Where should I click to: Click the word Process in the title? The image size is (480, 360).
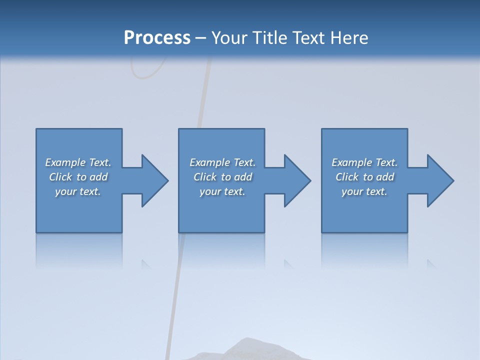pyautogui.click(x=157, y=38)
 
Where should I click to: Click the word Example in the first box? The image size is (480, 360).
pyautogui.click(x=65, y=162)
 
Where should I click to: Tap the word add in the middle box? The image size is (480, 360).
pyautogui.click(x=243, y=177)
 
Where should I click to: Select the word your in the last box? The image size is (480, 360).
pyautogui.click(x=352, y=191)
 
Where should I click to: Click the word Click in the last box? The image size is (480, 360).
pyautogui.click(x=347, y=177)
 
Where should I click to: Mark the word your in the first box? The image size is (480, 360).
pyautogui.click(x=65, y=191)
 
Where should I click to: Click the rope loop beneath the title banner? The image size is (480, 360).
pyautogui.click(x=147, y=67)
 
